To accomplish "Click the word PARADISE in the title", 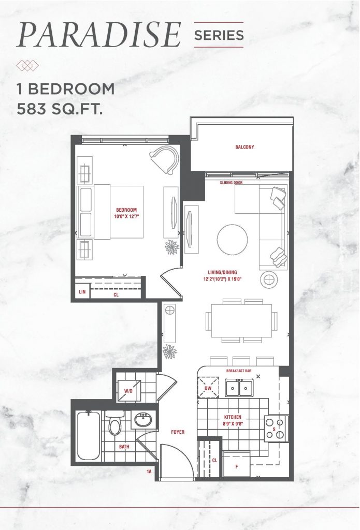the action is click(99, 35).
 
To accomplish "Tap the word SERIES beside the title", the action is click(219, 35).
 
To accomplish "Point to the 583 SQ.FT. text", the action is click(60, 109).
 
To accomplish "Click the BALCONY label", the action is click(244, 147).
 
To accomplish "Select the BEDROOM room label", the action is click(126, 210).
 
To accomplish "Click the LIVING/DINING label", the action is click(222, 272).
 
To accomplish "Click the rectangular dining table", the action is click(241, 321).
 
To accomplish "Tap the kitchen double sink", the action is click(239, 388).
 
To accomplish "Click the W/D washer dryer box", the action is click(129, 390).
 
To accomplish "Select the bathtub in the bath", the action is click(88, 436).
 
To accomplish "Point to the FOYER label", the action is click(178, 432).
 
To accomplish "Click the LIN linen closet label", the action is click(82, 292).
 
